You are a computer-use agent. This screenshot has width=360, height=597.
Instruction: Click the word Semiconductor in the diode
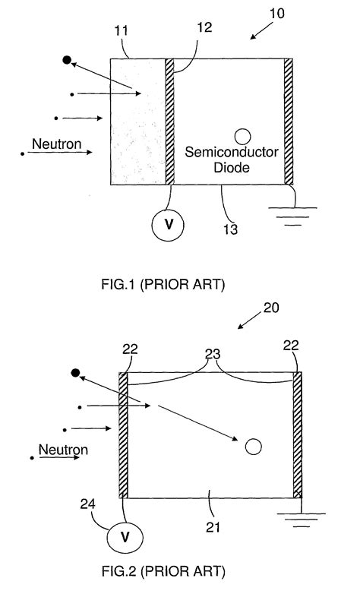[x=232, y=153]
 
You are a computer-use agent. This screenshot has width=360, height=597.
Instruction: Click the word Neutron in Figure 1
[x=52, y=144]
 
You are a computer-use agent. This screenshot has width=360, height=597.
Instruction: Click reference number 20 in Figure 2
[x=273, y=308]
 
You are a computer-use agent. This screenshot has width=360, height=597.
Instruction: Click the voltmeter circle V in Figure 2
[x=121, y=538]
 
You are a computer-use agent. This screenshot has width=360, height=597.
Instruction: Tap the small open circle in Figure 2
[x=254, y=447]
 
